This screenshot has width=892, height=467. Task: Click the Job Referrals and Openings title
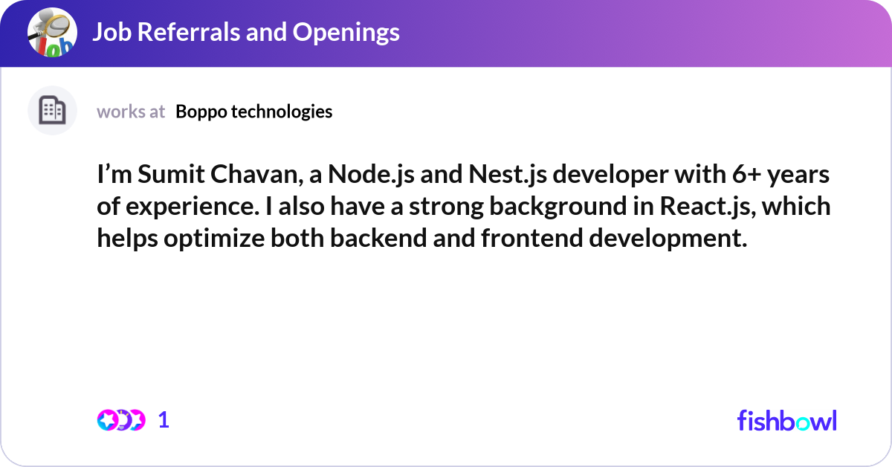coord(245,32)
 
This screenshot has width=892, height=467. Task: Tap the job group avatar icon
coord(52,33)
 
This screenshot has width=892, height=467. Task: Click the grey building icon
coord(52,111)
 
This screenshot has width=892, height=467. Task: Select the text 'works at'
coord(131,112)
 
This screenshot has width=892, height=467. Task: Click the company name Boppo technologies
coord(254,112)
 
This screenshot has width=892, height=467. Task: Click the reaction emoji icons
coord(120,420)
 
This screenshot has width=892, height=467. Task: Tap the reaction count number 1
coord(164,420)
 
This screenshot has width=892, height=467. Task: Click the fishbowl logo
coord(786,420)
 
